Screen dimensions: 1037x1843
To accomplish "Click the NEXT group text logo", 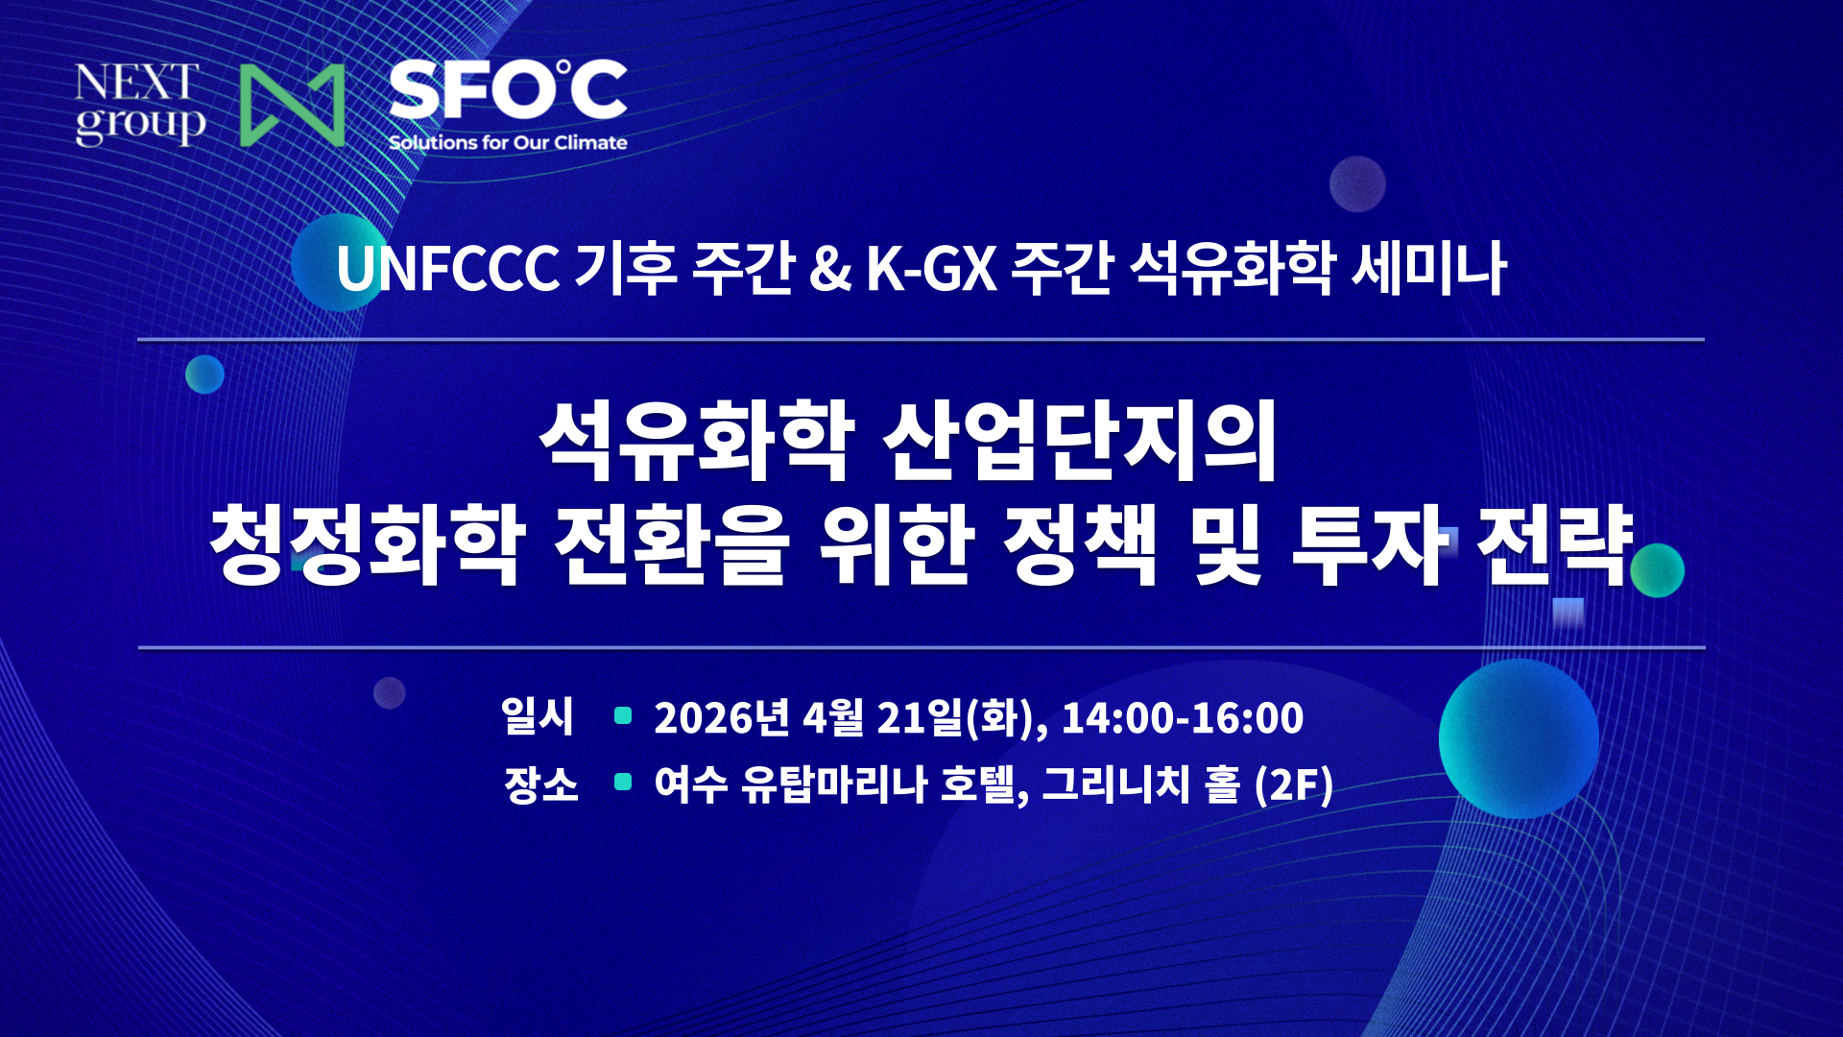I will click(139, 104).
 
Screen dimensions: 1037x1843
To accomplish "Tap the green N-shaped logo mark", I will click(292, 106).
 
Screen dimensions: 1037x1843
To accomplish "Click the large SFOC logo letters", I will click(508, 89).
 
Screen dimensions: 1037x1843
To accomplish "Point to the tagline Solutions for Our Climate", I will click(508, 143).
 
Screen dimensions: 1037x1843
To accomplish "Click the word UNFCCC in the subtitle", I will click(447, 269).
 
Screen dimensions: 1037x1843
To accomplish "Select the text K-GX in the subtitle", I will click(931, 269).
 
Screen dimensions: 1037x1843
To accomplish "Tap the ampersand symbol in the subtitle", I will click(829, 269).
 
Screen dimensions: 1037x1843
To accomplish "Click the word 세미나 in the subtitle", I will click(1428, 269).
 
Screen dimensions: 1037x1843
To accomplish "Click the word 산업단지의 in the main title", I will click(1079, 441).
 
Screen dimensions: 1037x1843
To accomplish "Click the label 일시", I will click(538, 717).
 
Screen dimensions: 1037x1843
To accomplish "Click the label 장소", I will click(540, 784).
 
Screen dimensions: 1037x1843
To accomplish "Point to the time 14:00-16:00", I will click(1182, 718).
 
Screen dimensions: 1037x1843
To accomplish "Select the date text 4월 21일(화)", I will click(920, 718).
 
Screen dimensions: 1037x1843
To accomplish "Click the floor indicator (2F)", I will click(1294, 784).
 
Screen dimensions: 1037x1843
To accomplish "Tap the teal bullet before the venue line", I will click(623, 783).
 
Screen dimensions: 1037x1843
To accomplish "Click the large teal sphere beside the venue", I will click(1518, 738).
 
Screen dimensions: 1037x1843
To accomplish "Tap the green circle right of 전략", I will click(1657, 569).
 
